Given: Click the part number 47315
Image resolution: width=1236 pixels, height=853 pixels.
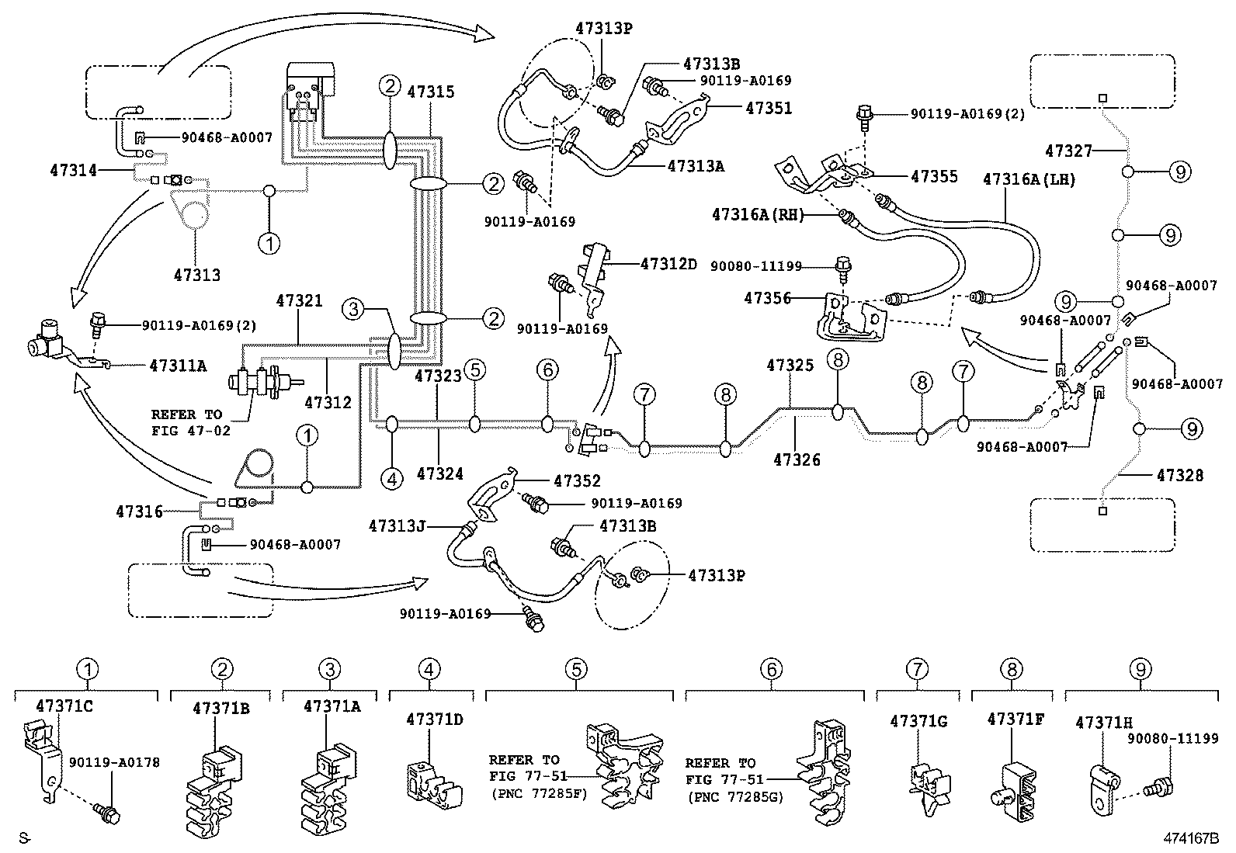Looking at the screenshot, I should pos(431,92).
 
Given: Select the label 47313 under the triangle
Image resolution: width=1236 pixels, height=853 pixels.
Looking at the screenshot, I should pos(196,275).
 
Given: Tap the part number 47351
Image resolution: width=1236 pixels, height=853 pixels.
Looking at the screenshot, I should pos(769,108).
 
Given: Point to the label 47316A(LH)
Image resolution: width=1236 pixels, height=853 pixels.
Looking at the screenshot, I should pos(1029,179).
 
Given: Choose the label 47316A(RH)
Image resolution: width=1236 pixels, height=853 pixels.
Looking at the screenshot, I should pos(759,214).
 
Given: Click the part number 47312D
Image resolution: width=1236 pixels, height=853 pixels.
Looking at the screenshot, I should pos(668,264).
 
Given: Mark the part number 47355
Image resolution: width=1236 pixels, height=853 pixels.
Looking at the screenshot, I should pos(934,177).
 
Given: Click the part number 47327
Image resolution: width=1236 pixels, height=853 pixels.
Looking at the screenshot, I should pos(1068,151).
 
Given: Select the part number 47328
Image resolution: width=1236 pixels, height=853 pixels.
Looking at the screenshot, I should pos(1180,474).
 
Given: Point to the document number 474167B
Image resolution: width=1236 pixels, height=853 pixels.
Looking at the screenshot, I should pos(1191,838).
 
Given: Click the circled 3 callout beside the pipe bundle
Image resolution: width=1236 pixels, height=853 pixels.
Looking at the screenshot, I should pos(353,310).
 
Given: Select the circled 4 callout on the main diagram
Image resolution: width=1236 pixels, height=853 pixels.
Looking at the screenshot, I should pos(392,479).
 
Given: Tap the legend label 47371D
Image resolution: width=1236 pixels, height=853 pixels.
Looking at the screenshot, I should pos(434,720).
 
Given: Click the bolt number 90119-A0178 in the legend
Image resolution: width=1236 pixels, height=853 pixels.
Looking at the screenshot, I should pos(114,763).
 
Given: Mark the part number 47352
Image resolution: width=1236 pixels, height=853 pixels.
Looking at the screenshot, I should pos(577,481).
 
